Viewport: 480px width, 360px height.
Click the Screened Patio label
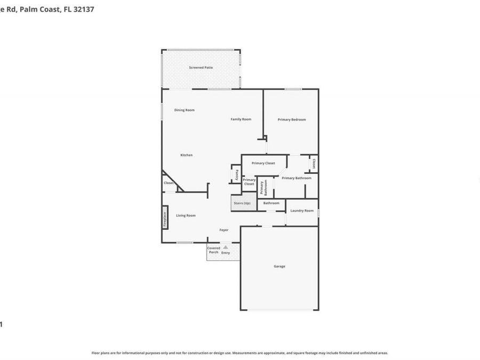(x=201, y=68)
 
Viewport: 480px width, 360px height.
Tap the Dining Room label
(x=185, y=110)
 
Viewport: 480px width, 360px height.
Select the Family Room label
(x=241, y=119)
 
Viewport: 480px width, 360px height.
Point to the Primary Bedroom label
(x=292, y=119)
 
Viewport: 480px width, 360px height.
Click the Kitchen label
(x=186, y=155)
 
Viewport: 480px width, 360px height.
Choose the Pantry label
(x=237, y=174)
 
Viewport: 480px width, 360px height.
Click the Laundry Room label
(x=302, y=211)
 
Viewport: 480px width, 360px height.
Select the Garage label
(x=279, y=266)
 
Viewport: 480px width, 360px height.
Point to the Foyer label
(x=224, y=230)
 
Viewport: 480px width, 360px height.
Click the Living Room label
(x=186, y=215)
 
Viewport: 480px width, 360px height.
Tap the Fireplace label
(x=165, y=220)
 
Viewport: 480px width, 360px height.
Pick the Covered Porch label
(x=213, y=250)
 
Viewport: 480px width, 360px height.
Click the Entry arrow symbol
(x=226, y=247)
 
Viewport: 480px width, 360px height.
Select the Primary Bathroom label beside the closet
(x=297, y=178)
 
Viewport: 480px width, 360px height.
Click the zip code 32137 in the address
(x=84, y=9)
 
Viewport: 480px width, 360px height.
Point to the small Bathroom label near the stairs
(x=271, y=203)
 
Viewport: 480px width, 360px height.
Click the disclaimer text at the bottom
(x=239, y=353)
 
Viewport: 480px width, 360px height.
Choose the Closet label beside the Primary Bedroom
(x=314, y=164)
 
